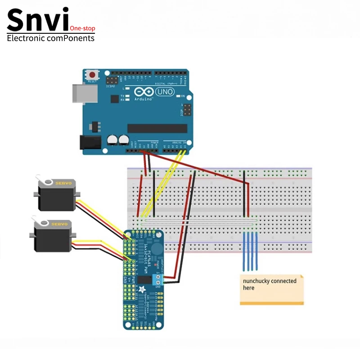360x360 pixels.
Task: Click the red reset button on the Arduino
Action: [93, 75]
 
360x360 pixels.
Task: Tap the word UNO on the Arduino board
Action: [165, 91]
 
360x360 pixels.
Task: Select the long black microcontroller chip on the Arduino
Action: [157, 128]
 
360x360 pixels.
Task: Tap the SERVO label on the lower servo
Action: [59, 224]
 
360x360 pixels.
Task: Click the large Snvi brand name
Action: [38, 20]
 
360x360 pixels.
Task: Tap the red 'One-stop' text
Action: [83, 28]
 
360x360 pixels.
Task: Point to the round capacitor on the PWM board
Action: [155, 248]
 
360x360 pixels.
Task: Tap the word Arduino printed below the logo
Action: [142, 99]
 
